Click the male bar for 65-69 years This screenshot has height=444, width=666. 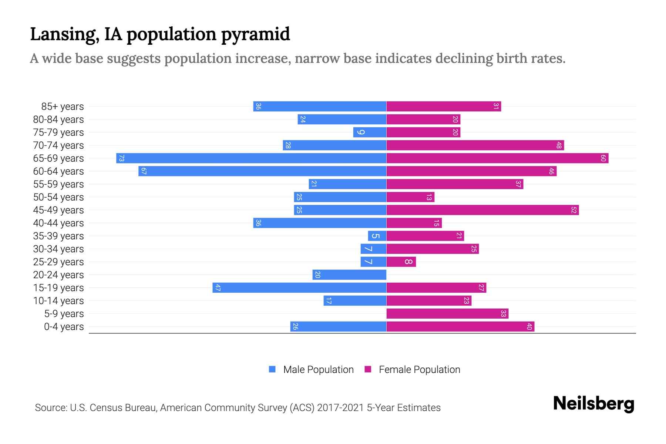coord(252,158)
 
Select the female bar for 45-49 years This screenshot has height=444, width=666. coord(482,210)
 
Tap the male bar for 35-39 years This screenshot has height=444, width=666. coord(377,236)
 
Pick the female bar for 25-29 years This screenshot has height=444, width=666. coord(401,262)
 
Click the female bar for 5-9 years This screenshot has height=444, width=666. coord(447,314)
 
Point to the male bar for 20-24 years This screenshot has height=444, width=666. coord(349,275)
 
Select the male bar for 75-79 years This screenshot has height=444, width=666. coord(370,132)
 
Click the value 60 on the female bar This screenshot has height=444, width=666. coord(603,158)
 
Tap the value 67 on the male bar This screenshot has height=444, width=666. coord(144,171)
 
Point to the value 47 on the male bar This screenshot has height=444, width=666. coord(218,288)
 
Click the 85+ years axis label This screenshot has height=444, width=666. coord(63,107)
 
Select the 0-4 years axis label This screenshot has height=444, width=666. coord(64,327)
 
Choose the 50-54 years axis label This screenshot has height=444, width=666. coord(58,197)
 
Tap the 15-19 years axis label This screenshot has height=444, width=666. coord(58,288)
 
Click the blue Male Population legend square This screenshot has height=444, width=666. coord(272,369)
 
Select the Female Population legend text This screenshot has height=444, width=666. coord(419,370)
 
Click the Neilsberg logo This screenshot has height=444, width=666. coord(593,404)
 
